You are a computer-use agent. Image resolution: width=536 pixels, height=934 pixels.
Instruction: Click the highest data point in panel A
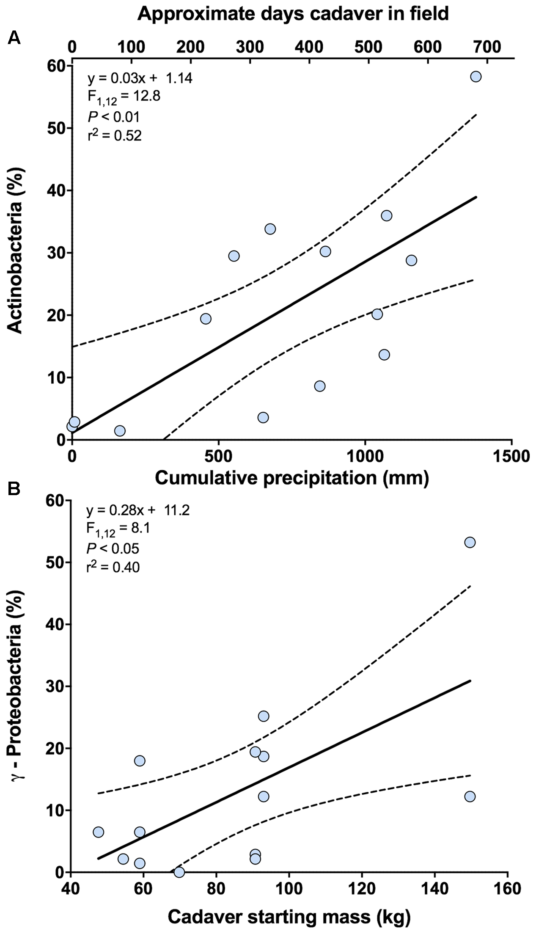476,77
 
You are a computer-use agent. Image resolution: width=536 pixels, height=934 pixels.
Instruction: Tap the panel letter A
14,39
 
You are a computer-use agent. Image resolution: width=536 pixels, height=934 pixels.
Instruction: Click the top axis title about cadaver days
293,14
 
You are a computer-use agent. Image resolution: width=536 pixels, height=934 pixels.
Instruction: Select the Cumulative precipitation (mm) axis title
292,478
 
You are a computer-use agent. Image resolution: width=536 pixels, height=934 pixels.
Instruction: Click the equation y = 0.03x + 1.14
140,78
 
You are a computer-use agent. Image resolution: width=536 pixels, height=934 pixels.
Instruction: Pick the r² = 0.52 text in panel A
114,135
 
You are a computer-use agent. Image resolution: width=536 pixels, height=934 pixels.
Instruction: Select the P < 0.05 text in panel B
113,549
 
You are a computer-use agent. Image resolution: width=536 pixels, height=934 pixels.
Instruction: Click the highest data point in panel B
470,542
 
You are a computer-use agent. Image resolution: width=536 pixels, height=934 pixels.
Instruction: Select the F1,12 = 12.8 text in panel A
124,97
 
